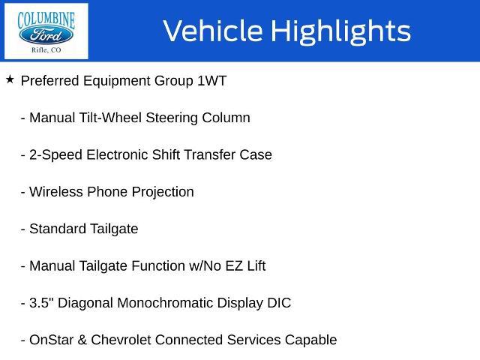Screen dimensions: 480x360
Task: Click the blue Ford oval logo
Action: pos(46,35)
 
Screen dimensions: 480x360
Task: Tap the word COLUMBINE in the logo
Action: pos(46,20)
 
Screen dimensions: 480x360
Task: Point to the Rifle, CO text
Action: pos(46,50)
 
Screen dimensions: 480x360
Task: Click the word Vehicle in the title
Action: pos(213,31)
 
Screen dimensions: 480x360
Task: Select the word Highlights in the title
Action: pos(341,31)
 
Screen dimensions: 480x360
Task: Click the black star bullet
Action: pos(10,79)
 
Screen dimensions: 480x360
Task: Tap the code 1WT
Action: pos(211,81)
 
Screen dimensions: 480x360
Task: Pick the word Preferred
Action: pos(50,81)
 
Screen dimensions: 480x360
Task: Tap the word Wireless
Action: pos(56,192)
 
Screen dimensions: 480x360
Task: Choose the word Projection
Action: pos(163,192)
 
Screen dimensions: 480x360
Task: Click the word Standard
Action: pos(58,229)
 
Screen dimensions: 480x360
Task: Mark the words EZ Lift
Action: pos(245,266)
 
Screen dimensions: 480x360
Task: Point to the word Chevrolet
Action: pos(121,340)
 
